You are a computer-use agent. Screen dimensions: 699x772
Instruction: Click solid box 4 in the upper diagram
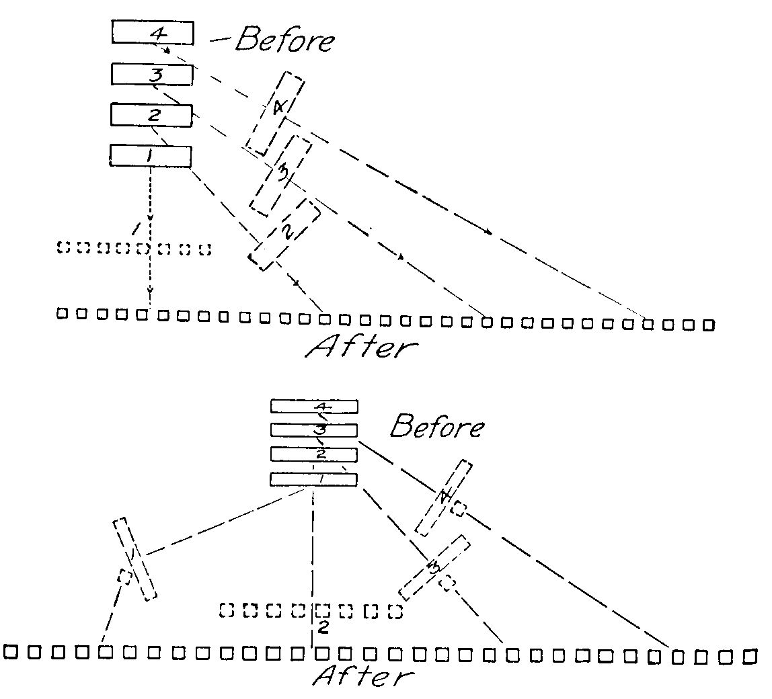click(153, 33)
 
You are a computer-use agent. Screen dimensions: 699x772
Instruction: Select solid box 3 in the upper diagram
click(152, 75)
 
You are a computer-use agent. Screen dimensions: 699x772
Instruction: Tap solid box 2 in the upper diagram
click(151, 115)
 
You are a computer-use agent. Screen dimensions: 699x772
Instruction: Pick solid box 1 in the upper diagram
click(150, 156)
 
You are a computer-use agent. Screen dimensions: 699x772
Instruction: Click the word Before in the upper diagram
click(284, 40)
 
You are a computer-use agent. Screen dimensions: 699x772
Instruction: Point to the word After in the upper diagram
click(361, 347)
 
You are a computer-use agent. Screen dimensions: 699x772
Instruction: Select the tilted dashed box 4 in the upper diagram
click(274, 114)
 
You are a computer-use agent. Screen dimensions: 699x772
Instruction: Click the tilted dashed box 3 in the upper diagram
click(281, 175)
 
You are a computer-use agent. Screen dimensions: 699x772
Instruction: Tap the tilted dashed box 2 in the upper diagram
click(284, 234)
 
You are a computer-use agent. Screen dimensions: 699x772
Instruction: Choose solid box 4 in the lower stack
click(314, 406)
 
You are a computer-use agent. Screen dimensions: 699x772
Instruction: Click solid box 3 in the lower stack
click(314, 429)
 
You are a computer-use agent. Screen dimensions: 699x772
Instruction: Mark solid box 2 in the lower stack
click(314, 454)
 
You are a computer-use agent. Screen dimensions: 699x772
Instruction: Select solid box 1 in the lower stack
click(313, 479)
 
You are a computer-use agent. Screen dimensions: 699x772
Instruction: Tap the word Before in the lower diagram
click(437, 426)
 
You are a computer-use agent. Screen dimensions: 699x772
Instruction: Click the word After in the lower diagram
click(361, 675)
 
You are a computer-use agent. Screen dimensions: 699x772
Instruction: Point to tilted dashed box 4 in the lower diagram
click(443, 497)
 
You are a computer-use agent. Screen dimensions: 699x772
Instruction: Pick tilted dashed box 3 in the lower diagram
click(433, 567)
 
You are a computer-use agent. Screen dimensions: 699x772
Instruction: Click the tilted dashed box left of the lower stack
click(134, 558)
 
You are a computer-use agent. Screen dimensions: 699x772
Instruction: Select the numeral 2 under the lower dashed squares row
click(323, 628)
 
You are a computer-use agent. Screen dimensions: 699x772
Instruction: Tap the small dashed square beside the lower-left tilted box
click(124, 577)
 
